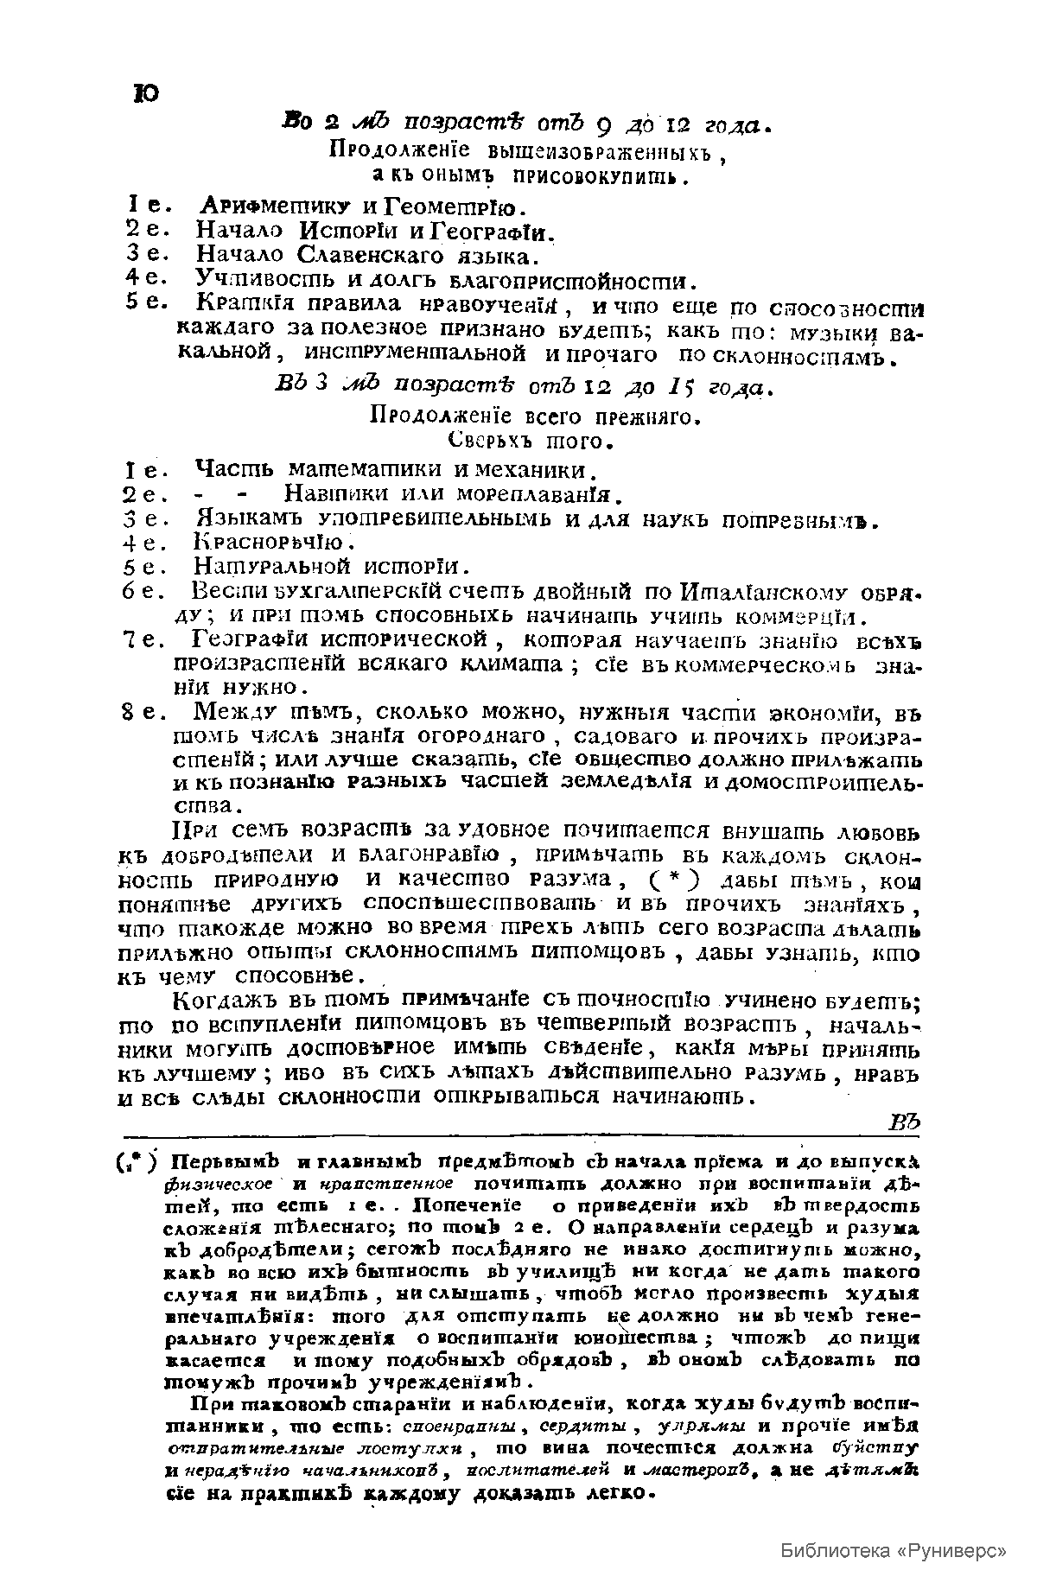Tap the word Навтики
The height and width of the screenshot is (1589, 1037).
pos(334,495)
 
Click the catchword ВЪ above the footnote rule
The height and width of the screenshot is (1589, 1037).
pos(907,1122)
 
